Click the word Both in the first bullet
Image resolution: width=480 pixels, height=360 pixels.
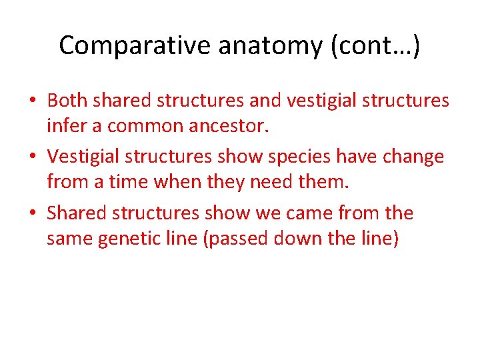[68, 101]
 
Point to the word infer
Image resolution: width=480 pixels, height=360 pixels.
[63, 125]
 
